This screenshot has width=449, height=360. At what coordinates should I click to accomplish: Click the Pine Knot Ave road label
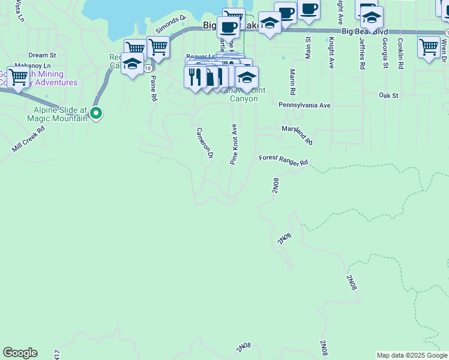[234, 145]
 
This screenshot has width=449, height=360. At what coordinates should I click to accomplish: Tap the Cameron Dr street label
[205, 142]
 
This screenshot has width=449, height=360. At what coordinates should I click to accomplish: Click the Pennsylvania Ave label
[304, 105]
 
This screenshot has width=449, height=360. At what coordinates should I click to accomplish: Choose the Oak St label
[388, 95]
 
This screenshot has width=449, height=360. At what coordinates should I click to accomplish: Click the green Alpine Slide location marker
[97, 112]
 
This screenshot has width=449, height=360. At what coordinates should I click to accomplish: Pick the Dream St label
[41, 55]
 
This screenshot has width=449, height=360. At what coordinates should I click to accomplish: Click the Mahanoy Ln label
[32, 65]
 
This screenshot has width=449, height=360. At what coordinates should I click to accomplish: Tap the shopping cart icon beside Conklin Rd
[429, 46]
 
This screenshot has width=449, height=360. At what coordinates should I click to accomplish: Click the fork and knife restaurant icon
[195, 77]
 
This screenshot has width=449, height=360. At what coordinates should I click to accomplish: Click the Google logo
[20, 353]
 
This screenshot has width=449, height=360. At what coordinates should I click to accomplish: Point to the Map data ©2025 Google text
[412, 355]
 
